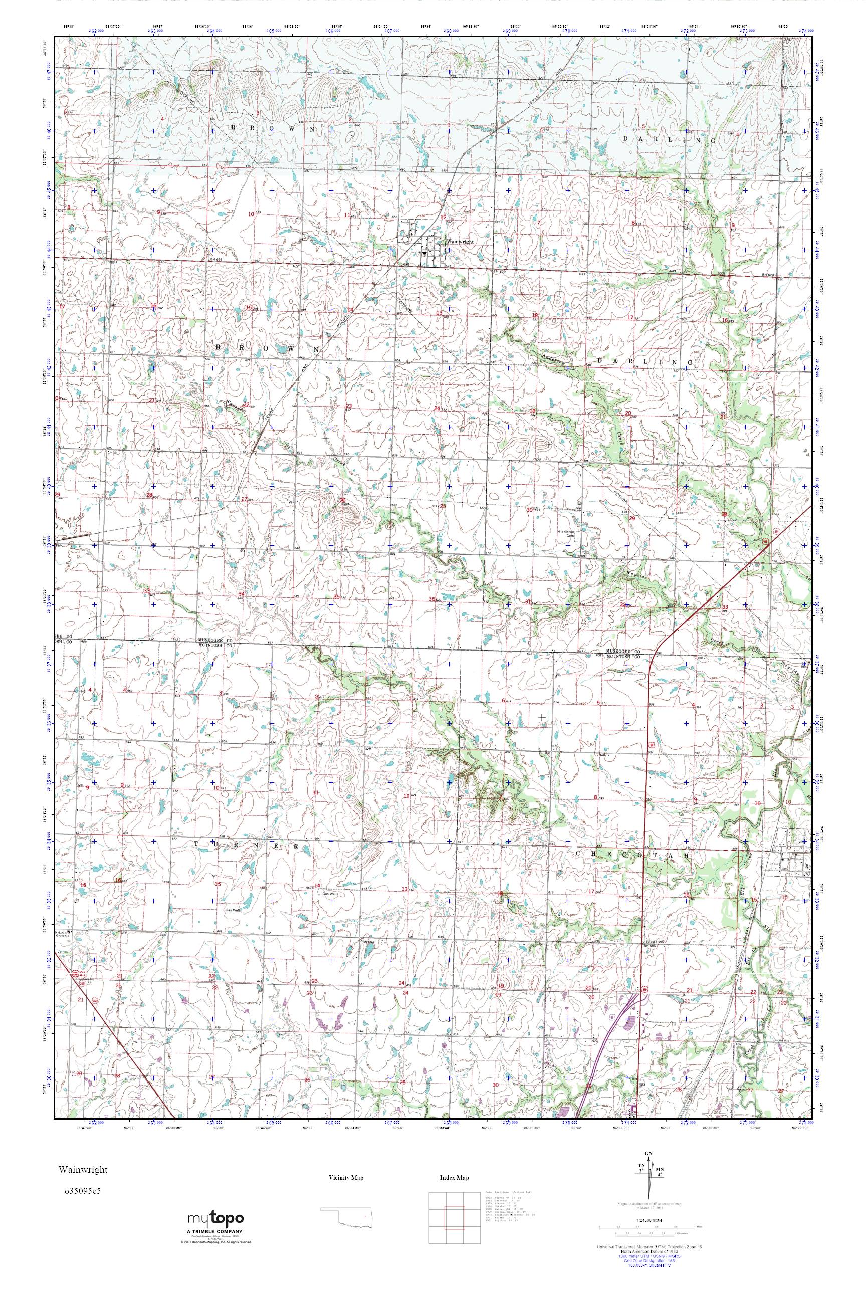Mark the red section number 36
[x=432, y=599]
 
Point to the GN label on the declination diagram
[x=649, y=1149]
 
